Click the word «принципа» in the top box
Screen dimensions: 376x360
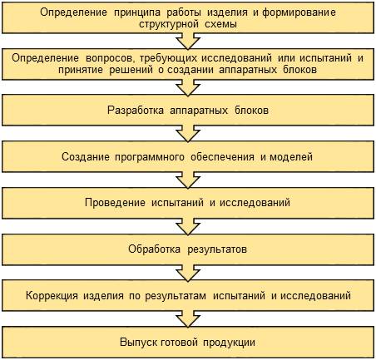coord(136,13)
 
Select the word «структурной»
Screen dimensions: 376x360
coord(169,24)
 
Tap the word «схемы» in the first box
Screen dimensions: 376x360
coord(221,24)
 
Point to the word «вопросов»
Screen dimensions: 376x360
coord(111,59)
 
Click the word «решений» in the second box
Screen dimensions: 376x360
coord(131,70)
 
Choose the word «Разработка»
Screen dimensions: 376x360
coord(136,111)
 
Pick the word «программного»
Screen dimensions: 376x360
coord(150,157)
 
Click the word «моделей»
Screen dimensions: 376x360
coord(291,157)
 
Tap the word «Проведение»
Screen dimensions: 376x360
coord(115,203)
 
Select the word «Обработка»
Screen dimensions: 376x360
coord(154,249)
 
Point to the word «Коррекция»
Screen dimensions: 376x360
coord(52,295)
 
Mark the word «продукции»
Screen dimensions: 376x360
coord(229,343)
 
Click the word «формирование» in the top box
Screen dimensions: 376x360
coord(299,13)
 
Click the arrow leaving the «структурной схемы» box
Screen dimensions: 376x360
coord(188,41)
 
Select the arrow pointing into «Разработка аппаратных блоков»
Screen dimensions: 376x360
coord(188,87)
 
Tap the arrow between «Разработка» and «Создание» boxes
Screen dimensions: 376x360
coord(188,134)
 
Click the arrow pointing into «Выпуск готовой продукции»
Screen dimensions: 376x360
coord(188,319)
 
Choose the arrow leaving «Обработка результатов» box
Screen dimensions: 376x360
coord(188,273)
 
